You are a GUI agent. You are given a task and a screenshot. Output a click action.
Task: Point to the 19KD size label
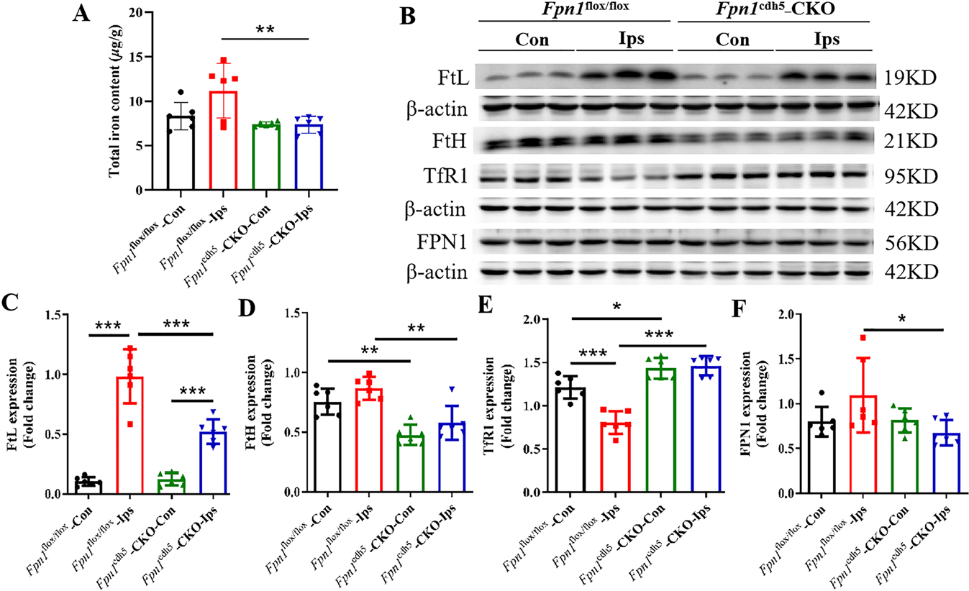coord(910,78)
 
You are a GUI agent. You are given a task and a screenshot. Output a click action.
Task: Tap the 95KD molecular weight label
coord(910,176)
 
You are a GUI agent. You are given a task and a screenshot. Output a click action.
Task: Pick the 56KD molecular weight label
coord(910,242)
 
